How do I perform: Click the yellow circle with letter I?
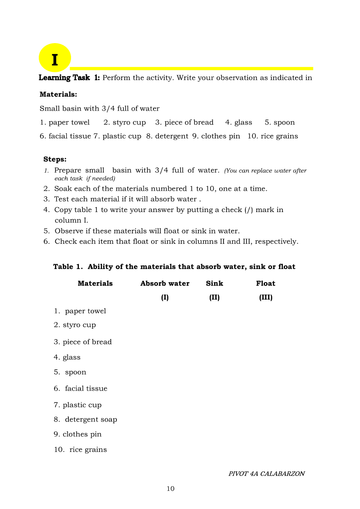pyautogui.click(x=54, y=58)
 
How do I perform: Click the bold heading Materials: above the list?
pyautogui.click(x=58, y=94)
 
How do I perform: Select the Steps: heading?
pyautogui.click(x=55, y=159)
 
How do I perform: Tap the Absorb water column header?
pyautogui.click(x=165, y=283)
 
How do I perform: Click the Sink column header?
pyautogui.click(x=214, y=283)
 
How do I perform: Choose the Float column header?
pyautogui.click(x=265, y=283)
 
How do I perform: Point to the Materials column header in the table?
pyautogui.click(x=95, y=283)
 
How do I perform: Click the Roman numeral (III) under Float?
pyautogui.click(x=265, y=297)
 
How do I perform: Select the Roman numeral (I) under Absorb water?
pyautogui.click(x=165, y=297)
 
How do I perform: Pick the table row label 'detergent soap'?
pyautogui.click(x=91, y=419)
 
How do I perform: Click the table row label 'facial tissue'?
pyautogui.click(x=86, y=388)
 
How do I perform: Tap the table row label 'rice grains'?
pyautogui.click(x=88, y=449)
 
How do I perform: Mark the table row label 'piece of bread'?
pyautogui.click(x=87, y=342)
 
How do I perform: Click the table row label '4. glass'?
pyautogui.click(x=67, y=357)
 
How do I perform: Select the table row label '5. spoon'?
pyautogui.click(x=70, y=372)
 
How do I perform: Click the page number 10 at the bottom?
pyautogui.click(x=170, y=489)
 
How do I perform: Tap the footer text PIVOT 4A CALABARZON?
pyautogui.click(x=266, y=474)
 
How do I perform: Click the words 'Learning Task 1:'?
pyautogui.click(x=69, y=78)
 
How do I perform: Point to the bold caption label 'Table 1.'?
pyautogui.click(x=68, y=266)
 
